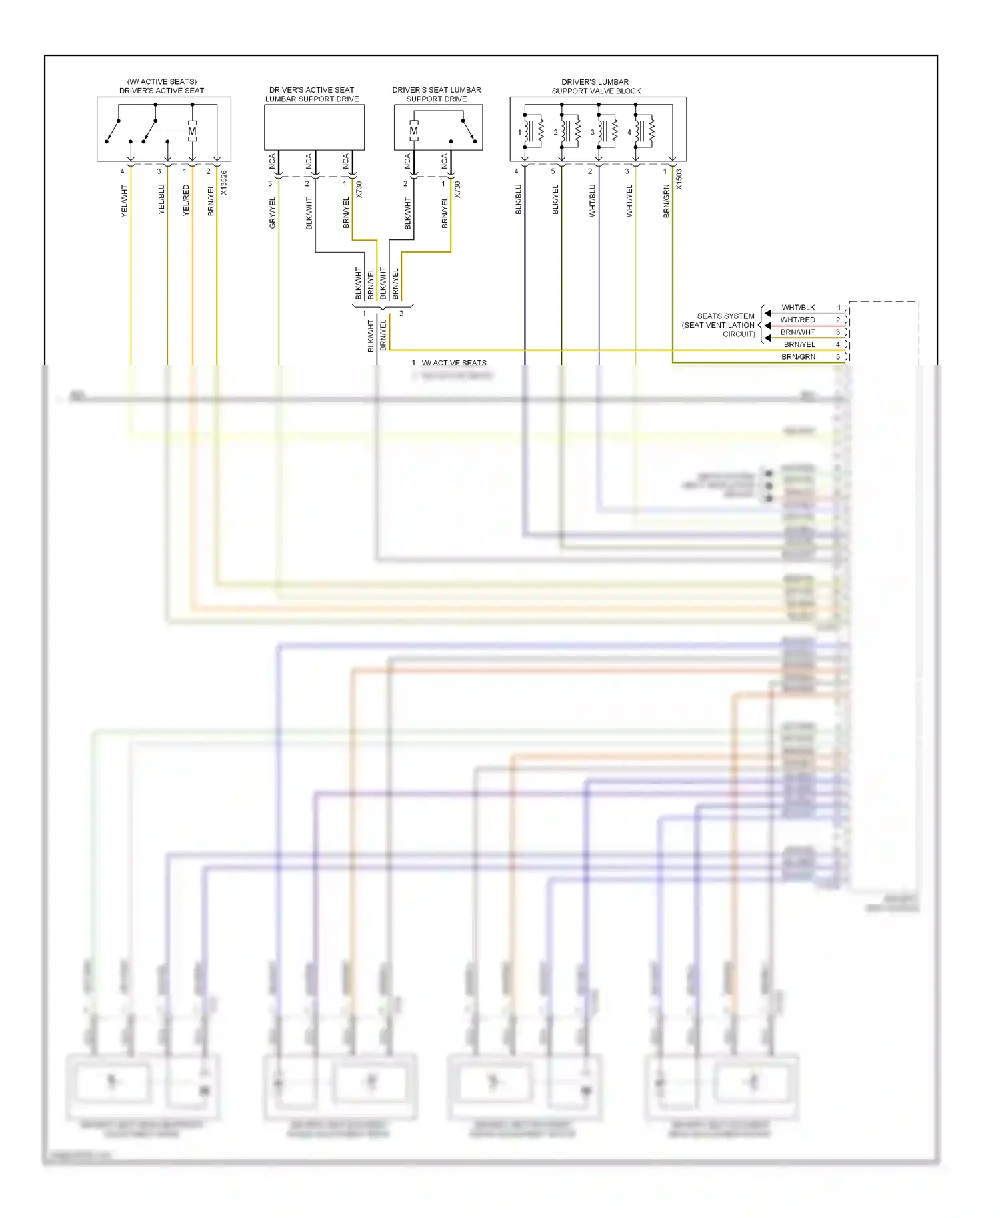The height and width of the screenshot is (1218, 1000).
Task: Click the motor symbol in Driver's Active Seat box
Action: pyautogui.click(x=192, y=131)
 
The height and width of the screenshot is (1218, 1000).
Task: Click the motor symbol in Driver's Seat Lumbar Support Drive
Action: pyautogui.click(x=414, y=131)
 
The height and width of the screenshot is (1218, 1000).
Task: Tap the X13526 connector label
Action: pyautogui.click(x=224, y=183)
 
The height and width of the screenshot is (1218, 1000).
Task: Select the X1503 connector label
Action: pyautogui.click(x=679, y=179)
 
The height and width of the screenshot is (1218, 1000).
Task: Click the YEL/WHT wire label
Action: pyautogui.click(x=124, y=201)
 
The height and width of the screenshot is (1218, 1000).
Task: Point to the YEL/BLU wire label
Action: pyautogui.click(x=161, y=199)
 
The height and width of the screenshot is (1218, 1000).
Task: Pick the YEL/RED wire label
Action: pyautogui.click(x=186, y=200)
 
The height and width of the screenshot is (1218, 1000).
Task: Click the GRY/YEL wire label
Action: pyautogui.click(x=272, y=213)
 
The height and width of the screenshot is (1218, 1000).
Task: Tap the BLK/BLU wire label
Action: pyautogui.click(x=518, y=199)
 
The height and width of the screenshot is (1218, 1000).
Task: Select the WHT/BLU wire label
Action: pyautogui.click(x=592, y=201)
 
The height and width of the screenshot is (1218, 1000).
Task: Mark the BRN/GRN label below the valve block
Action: pyautogui.click(x=666, y=201)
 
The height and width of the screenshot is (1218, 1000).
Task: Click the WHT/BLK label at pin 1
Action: pyautogui.click(x=798, y=308)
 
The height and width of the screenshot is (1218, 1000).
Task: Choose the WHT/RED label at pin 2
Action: pyautogui.click(x=797, y=320)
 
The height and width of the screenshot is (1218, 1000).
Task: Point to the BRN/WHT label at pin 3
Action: pyautogui.click(x=797, y=332)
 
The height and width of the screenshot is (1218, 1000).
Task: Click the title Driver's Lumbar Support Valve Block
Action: pyautogui.click(x=596, y=87)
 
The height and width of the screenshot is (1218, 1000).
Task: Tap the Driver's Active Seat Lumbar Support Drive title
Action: pyautogui.click(x=312, y=94)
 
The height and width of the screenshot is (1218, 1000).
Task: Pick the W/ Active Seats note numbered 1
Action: pyautogui.click(x=450, y=363)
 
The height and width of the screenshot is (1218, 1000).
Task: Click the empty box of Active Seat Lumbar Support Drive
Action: pyautogui.click(x=314, y=127)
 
